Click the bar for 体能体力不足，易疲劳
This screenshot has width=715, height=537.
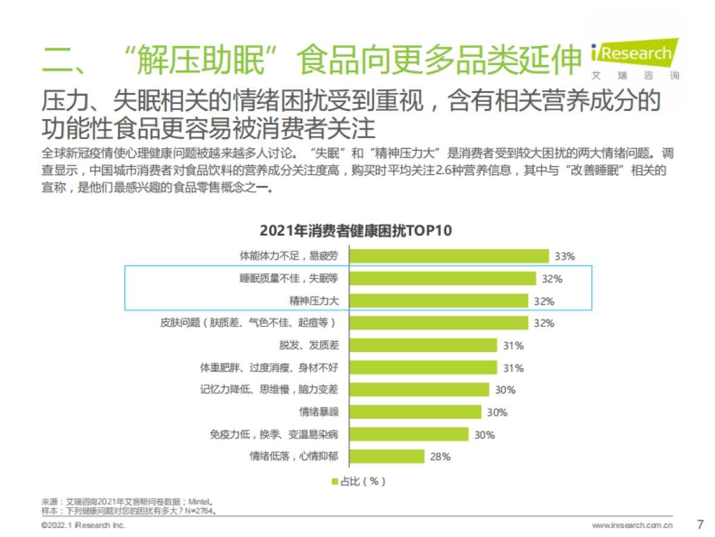[x=449, y=256]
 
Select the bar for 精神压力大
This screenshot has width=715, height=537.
[x=439, y=301]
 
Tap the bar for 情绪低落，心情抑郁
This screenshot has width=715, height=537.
[x=387, y=456]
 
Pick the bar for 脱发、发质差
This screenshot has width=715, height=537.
[x=423, y=345]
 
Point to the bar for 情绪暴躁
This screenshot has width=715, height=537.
[x=415, y=412]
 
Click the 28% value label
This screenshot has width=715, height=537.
[x=440, y=457]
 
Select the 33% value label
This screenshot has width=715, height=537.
[x=564, y=257]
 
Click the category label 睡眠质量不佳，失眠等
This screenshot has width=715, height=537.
[x=288, y=279]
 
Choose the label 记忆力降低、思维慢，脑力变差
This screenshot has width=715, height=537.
[x=269, y=390]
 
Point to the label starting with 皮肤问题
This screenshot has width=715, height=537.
[x=248, y=323]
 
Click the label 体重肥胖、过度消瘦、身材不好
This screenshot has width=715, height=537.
[x=269, y=368]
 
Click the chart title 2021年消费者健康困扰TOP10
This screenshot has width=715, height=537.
[x=356, y=230]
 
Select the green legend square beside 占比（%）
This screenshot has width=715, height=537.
[x=334, y=482]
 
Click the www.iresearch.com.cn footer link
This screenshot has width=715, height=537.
[x=632, y=526]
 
